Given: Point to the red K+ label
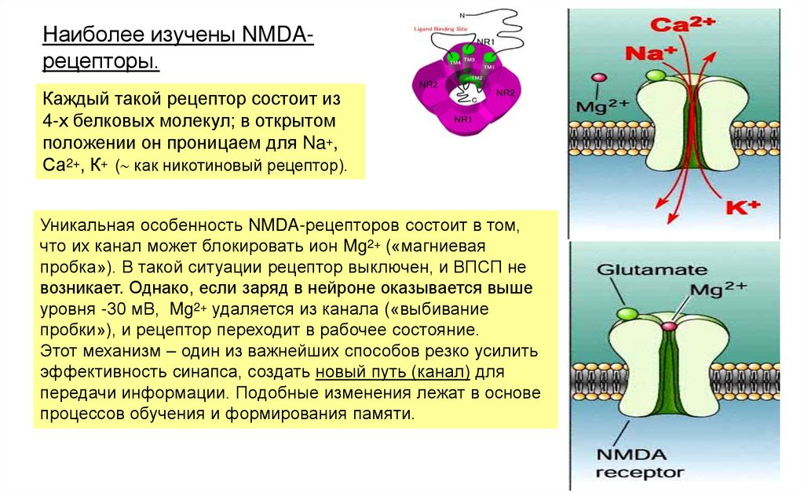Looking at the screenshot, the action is point(743,208).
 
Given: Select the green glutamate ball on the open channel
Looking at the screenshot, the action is point(654,76).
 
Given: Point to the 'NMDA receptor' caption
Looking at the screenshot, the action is point(638,463).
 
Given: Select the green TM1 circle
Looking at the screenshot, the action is point(488,60).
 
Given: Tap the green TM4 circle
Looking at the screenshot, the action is point(452,59).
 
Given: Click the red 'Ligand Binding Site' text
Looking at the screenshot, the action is point(436,29).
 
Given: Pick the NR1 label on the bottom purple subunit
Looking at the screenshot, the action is point(463,119).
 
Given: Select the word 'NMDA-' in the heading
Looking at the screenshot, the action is point(279,35).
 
